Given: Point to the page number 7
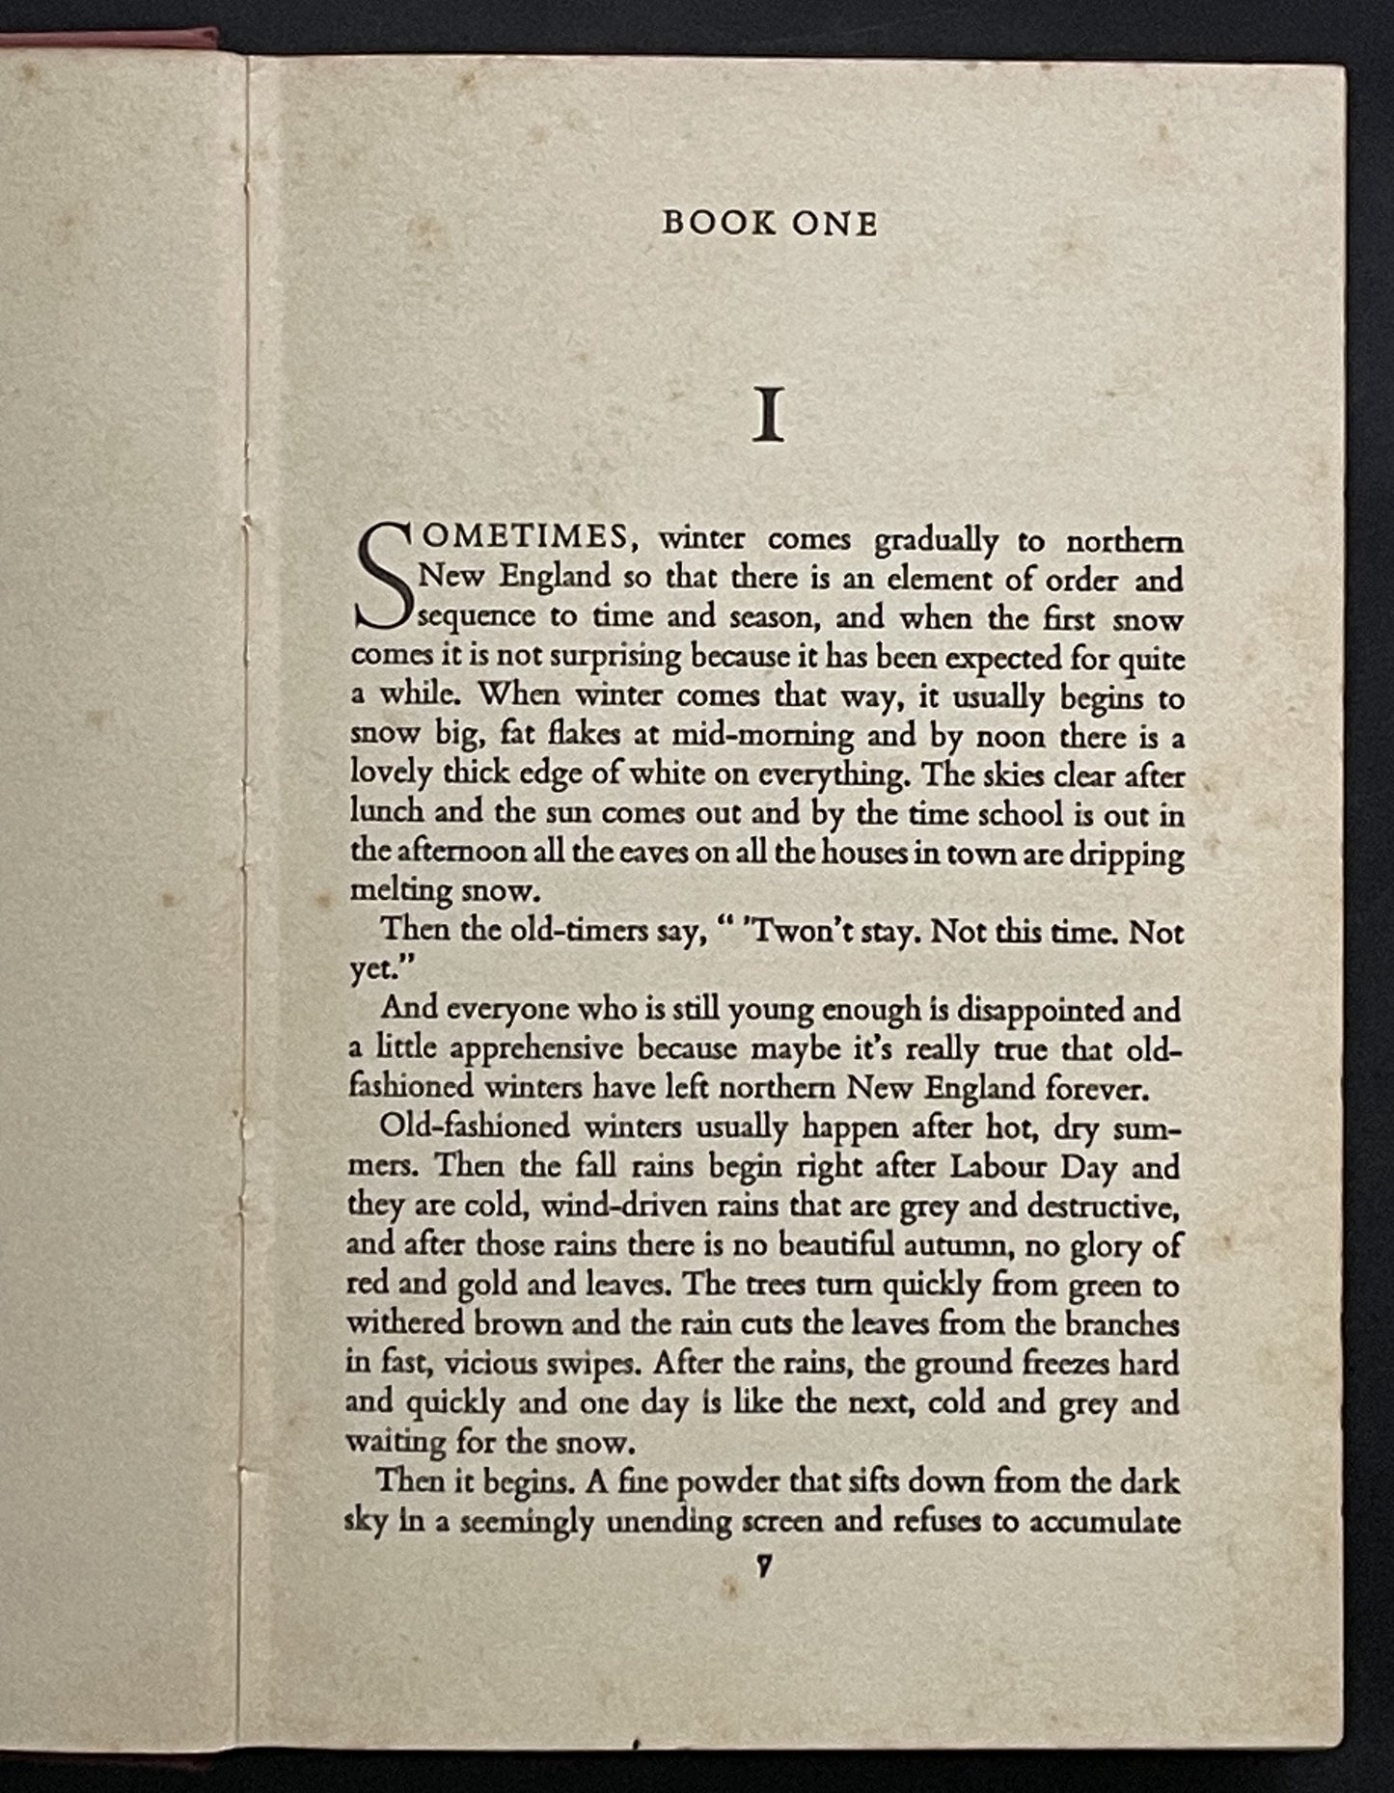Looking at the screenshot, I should coord(763,1567).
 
